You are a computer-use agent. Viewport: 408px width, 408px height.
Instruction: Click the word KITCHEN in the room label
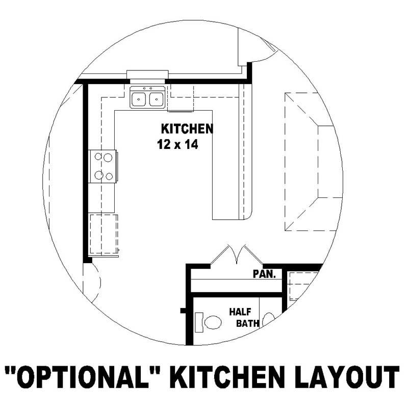click(x=187, y=128)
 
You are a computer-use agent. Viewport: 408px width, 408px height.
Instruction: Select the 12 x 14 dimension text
click(x=177, y=145)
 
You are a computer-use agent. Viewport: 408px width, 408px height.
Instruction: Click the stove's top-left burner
click(x=97, y=158)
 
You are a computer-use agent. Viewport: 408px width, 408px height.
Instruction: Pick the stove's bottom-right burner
click(x=108, y=176)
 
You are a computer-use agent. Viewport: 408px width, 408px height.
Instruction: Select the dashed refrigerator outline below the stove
click(x=104, y=234)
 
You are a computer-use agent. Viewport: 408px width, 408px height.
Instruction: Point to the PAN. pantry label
click(x=264, y=274)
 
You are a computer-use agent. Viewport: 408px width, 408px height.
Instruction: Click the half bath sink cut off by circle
click(x=269, y=319)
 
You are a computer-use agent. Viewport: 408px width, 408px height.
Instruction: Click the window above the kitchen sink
click(x=147, y=74)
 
